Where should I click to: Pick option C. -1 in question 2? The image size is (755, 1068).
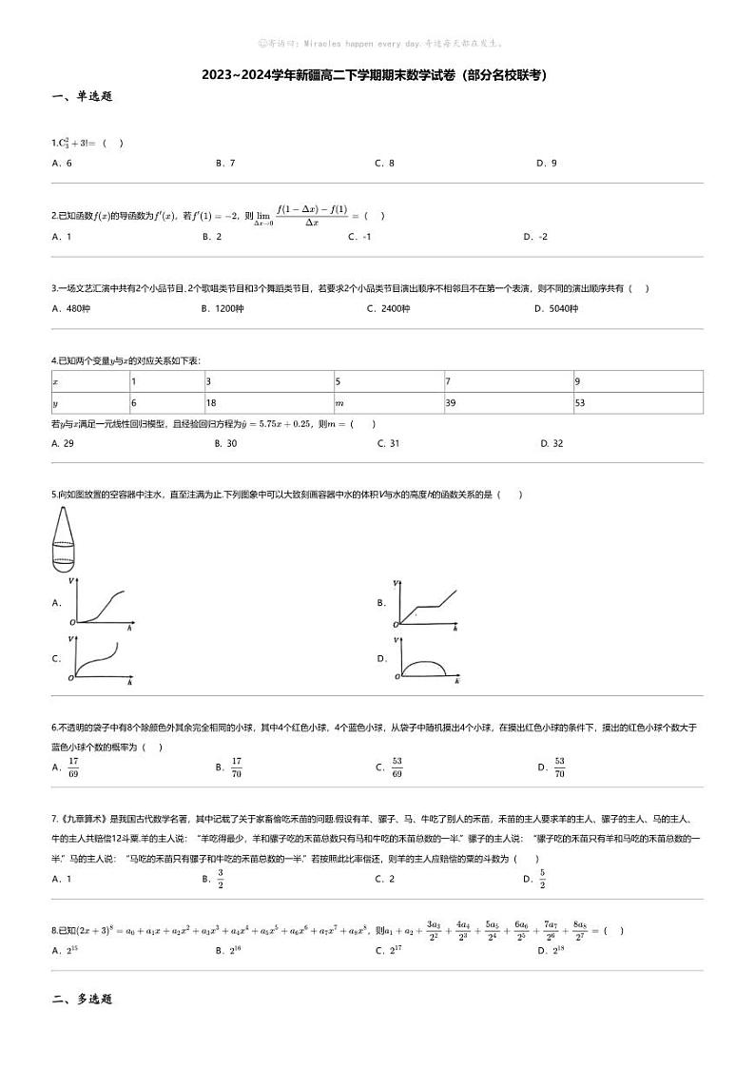[x=359, y=237]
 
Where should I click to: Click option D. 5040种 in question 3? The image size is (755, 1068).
[x=556, y=308]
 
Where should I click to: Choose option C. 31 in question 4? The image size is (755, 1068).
[x=388, y=443]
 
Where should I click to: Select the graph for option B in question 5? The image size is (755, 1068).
[x=427, y=604]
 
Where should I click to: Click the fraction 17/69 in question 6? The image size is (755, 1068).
[x=72, y=767]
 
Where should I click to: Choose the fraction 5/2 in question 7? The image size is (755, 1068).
[x=542, y=879]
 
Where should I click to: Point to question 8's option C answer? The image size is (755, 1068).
[x=385, y=950]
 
